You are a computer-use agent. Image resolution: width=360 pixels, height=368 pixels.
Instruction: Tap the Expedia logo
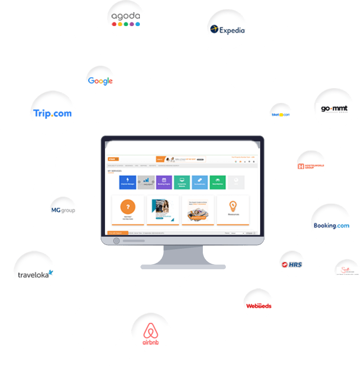coord(227,30)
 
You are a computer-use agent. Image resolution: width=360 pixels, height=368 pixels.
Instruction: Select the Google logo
coord(100,81)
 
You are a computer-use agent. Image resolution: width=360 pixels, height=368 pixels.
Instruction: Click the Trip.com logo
coord(53,113)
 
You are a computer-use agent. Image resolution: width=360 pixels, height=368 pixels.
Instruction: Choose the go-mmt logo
coord(334,109)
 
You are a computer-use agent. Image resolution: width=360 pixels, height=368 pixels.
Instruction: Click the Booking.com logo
coord(331,225)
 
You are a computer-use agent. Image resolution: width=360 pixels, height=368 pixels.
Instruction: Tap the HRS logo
coord(291,265)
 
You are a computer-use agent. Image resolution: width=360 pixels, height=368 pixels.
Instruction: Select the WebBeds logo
coord(259,306)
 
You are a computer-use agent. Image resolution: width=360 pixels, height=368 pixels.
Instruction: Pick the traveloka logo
coord(35,274)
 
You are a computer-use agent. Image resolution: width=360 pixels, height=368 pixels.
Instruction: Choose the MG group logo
coord(63,210)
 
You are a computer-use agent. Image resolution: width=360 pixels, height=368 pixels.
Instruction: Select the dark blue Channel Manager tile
coord(128,182)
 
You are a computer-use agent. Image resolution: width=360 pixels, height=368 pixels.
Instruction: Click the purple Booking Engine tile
coord(164,182)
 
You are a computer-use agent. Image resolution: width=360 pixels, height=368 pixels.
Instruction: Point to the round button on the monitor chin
coord(117,240)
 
